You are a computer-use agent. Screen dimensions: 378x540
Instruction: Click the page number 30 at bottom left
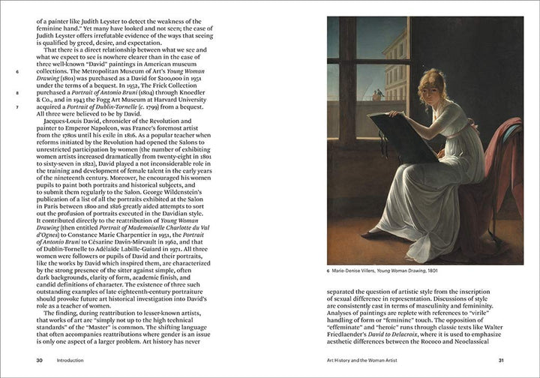39,360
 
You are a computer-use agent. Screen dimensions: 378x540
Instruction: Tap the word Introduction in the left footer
69,360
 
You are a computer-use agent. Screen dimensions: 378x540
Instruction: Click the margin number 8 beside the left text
16,94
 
